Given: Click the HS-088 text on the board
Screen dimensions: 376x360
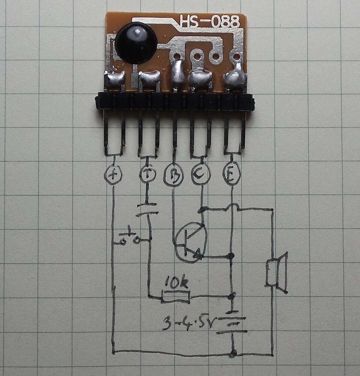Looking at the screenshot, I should tap(209, 21).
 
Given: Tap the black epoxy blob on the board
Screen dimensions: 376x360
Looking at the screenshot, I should tap(136, 42).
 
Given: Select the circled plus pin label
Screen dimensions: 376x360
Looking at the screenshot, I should tap(113, 175).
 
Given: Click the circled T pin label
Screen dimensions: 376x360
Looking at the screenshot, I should tap(147, 174).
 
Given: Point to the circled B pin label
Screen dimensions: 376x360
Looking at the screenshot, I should tap(174, 174).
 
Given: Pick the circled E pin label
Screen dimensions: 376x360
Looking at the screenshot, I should tap(231, 174).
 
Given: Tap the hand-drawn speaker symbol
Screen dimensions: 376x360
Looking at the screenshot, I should tap(277, 272).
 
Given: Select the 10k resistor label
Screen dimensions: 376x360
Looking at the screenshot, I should tap(177, 282).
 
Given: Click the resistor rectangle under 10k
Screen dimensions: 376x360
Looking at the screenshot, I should tap(175, 297).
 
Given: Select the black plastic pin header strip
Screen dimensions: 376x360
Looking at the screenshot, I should tap(175, 102).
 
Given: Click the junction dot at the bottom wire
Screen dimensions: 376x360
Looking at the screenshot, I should tap(233, 353).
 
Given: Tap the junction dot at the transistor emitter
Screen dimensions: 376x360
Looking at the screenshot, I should tap(231, 256).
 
